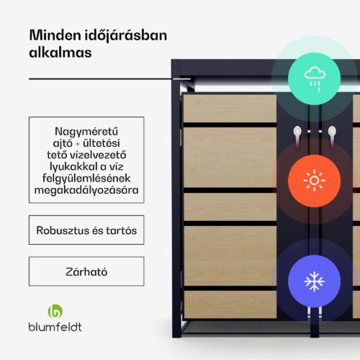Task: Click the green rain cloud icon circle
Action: pos(314,78)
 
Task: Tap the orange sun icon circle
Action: pos(314,181)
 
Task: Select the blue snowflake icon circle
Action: pos(314,282)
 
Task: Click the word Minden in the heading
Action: pos(55,35)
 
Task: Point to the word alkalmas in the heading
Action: pos(60,53)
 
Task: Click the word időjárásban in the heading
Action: pos(126,36)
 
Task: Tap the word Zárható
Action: pos(86,271)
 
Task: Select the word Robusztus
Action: pos(63,230)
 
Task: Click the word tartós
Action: pos(122,230)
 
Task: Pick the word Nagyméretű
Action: pos(86,132)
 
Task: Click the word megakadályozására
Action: pos(86,190)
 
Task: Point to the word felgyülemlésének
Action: pos(86,179)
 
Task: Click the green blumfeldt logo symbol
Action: pos(55,311)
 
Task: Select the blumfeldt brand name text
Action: pos(55,327)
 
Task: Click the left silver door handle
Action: pos(297,136)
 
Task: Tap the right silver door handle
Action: pos(332,136)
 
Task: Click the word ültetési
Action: pos(102,143)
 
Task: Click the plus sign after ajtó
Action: pos(78,144)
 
